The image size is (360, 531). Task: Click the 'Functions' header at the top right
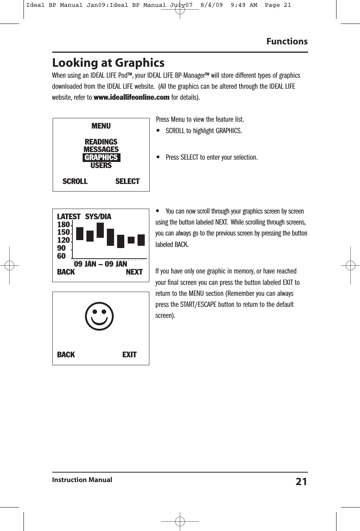click(x=287, y=41)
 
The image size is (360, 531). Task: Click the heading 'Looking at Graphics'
click(x=108, y=63)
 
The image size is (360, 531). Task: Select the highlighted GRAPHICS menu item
click(x=101, y=157)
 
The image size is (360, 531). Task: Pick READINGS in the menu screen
click(x=101, y=142)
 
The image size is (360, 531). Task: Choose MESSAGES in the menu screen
click(x=101, y=149)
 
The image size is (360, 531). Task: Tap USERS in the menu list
click(x=101, y=165)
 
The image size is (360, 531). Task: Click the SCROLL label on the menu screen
click(x=75, y=181)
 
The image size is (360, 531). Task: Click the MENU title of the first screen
click(x=101, y=126)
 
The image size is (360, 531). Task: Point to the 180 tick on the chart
click(x=63, y=225)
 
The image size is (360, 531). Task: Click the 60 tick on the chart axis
click(x=61, y=256)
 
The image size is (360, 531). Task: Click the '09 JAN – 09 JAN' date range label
click(x=100, y=264)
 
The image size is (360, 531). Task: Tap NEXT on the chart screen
click(x=134, y=272)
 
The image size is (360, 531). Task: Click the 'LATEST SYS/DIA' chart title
click(x=84, y=217)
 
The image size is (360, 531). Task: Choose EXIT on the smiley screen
click(x=129, y=355)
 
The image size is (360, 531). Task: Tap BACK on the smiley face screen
click(x=66, y=355)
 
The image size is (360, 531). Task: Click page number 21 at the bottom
click(x=301, y=482)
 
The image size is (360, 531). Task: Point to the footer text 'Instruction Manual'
click(x=82, y=480)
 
